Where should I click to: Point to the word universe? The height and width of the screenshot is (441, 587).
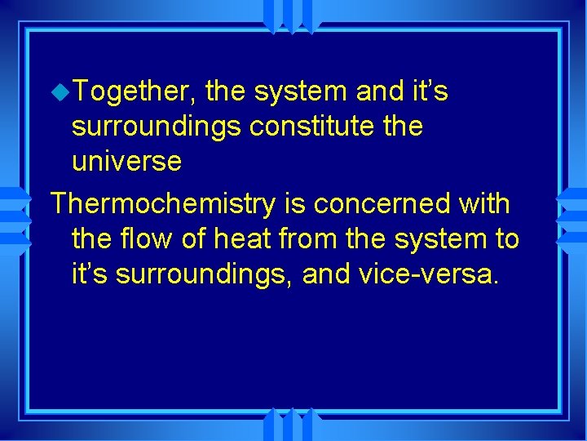126,161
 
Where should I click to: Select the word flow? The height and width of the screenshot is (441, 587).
154,238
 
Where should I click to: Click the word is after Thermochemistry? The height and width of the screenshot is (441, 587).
289,204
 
